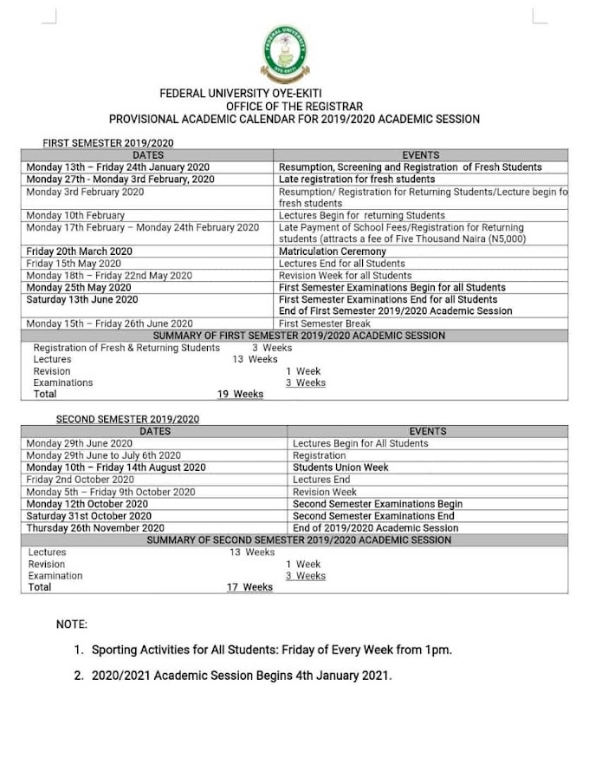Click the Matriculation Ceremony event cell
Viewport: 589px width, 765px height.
[x=332, y=252]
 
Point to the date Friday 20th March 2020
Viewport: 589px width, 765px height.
[x=79, y=252]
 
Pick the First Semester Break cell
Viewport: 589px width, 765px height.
[x=324, y=324]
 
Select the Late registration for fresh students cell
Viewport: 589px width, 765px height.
[x=357, y=180]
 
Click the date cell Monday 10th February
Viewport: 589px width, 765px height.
[x=75, y=215]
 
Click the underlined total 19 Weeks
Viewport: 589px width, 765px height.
[x=240, y=395]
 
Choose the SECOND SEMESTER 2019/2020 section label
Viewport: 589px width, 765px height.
[x=127, y=419]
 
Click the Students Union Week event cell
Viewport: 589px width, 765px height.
[x=340, y=467]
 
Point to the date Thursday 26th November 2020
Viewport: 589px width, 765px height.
[x=95, y=527]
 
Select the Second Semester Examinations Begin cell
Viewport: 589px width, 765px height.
[x=378, y=504]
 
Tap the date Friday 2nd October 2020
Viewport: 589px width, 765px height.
[x=81, y=480]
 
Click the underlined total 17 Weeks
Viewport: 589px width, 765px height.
[x=249, y=587]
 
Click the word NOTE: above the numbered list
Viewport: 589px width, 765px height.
[x=71, y=624]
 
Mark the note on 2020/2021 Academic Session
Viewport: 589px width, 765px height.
[x=242, y=673]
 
